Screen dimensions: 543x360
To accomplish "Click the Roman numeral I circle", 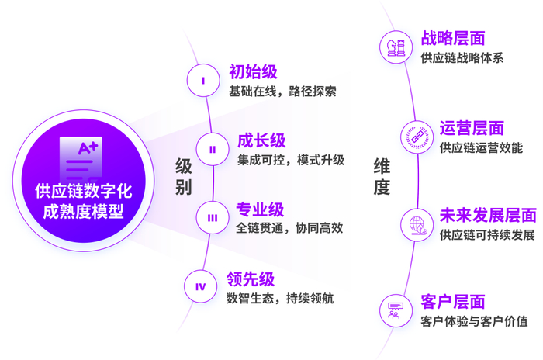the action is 203,80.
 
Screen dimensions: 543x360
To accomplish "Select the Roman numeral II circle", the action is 212,149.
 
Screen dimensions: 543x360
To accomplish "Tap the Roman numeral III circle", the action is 212,218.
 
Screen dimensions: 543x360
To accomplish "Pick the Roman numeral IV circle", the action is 201,287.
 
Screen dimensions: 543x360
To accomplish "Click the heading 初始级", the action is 253,73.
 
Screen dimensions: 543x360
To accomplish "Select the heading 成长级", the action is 261,141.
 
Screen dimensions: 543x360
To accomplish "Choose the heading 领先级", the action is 251,279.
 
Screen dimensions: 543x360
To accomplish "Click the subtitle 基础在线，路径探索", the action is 282,92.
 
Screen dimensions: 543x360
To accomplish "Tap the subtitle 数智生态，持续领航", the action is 280,298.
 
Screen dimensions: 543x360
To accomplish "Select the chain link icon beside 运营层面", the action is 414,137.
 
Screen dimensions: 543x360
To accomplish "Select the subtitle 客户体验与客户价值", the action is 474,321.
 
